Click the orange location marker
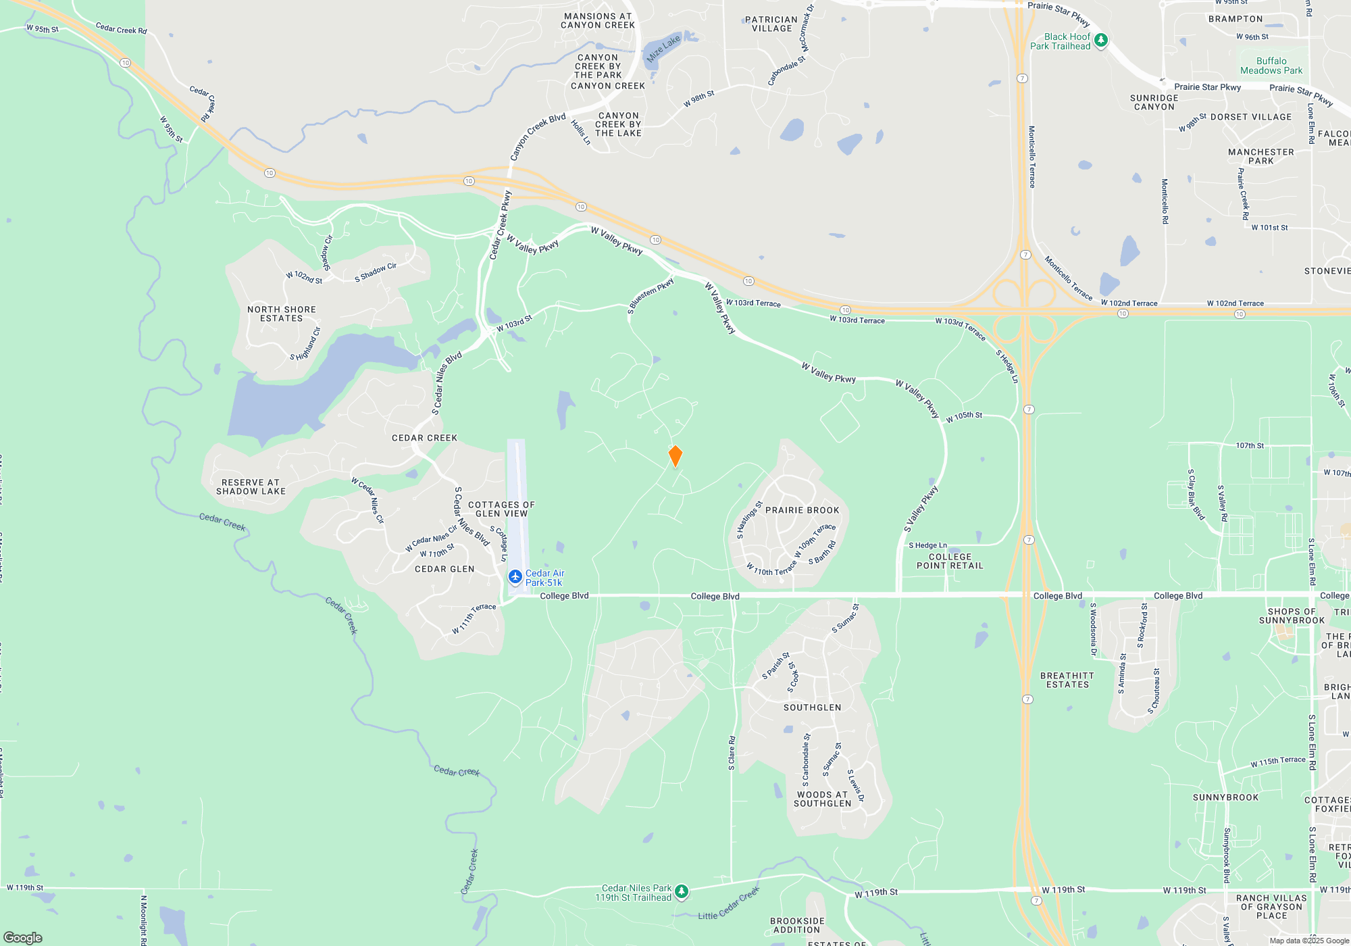pyautogui.click(x=675, y=455)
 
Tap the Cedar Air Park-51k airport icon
pyautogui.click(x=515, y=577)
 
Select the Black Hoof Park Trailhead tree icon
pyautogui.click(x=1100, y=41)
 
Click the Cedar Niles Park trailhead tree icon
pyautogui.click(x=682, y=892)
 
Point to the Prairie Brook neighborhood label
pyautogui.click(x=802, y=510)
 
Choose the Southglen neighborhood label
pyautogui.click(x=812, y=707)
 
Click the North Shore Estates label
pyautogui.click(x=282, y=314)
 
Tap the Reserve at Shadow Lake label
pyautogui.click(x=251, y=487)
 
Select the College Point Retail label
pyautogui.click(x=950, y=561)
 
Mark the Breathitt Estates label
pyautogui.click(x=1067, y=680)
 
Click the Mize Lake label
pyautogui.click(x=663, y=49)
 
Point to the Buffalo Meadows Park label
pyautogui.click(x=1271, y=66)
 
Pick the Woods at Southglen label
pyautogui.click(x=822, y=799)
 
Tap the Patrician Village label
pyautogui.click(x=771, y=24)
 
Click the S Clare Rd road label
pyautogui.click(x=732, y=753)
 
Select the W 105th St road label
pyautogui.click(x=964, y=417)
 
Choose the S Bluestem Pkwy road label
pyautogui.click(x=651, y=295)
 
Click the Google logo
pyautogui.click(x=23, y=937)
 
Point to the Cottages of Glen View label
pyautogui.click(x=501, y=509)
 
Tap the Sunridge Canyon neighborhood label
pyautogui.click(x=1154, y=102)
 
